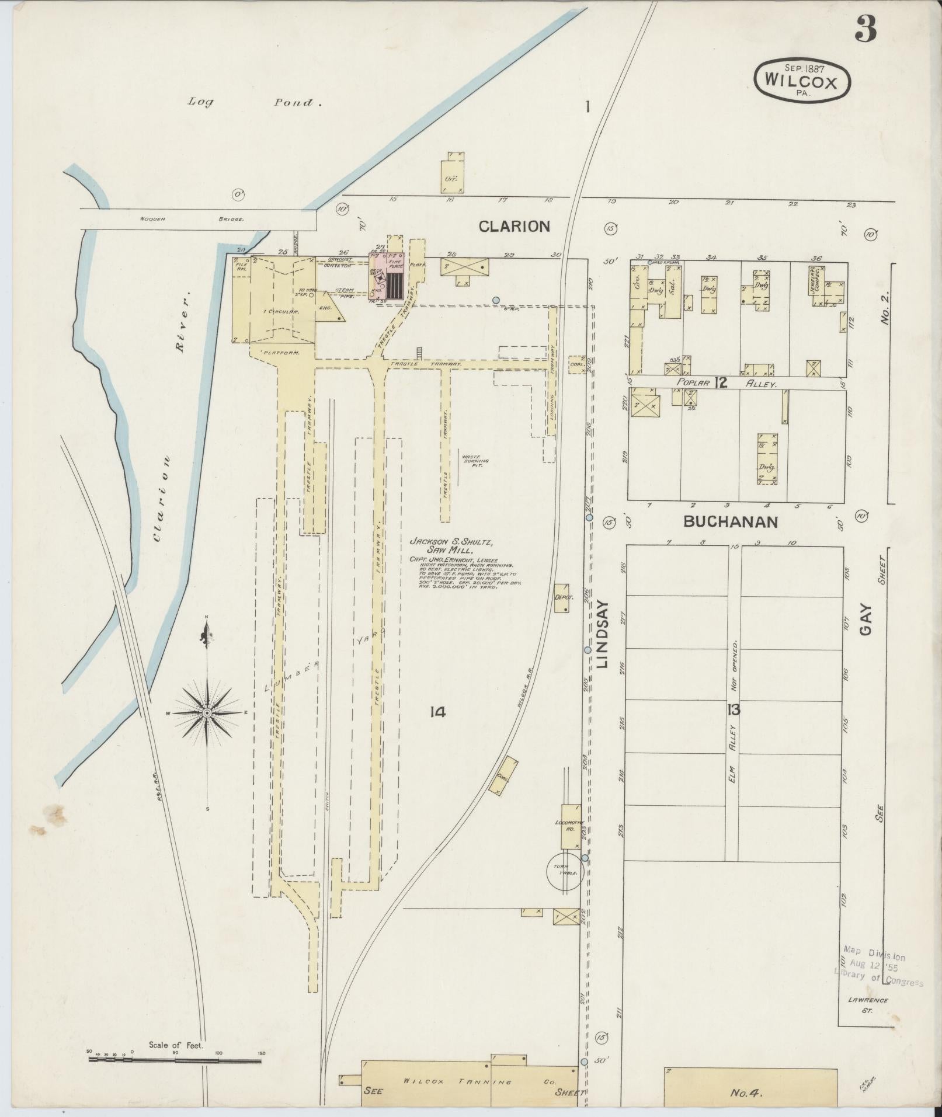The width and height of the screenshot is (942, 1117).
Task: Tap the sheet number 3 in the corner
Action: pyautogui.click(x=865, y=29)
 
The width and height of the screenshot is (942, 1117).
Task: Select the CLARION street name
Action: pyautogui.click(x=514, y=227)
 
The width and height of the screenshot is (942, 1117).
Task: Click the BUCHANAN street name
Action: pyautogui.click(x=730, y=521)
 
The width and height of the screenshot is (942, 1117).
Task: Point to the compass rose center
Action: pyautogui.click(x=207, y=713)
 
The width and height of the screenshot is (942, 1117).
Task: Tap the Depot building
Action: pyautogui.click(x=562, y=598)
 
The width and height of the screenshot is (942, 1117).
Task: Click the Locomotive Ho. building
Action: pyautogui.click(x=571, y=826)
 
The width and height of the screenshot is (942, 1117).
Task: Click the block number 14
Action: pyautogui.click(x=437, y=712)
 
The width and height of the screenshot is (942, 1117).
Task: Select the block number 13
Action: pyautogui.click(x=734, y=710)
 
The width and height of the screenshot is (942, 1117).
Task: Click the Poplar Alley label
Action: pyautogui.click(x=727, y=384)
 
